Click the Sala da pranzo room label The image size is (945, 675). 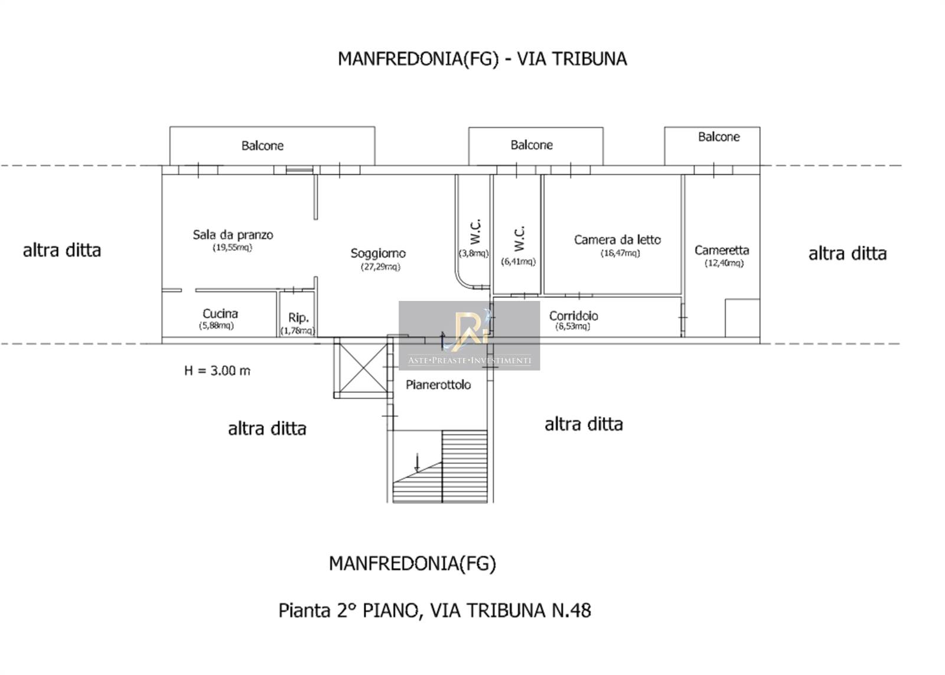tap(233, 235)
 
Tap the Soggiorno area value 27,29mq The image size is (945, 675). tap(380, 267)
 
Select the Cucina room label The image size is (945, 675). tap(220, 313)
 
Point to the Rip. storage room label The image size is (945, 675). tap(298, 317)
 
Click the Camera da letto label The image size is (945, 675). tap(617, 240)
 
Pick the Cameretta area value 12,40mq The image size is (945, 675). tap(724, 263)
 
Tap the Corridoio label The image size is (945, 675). tap(573, 316)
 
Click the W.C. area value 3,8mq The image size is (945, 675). tap(473, 254)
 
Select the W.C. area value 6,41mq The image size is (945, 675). tap(518, 261)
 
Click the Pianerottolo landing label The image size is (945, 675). tap(438, 385)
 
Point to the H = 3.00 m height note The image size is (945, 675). tap(217, 371)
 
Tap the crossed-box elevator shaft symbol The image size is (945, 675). tap(363, 368)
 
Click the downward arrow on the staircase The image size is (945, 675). tap(417, 462)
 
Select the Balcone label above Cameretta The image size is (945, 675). tap(718, 137)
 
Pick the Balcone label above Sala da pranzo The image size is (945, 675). tap(262, 146)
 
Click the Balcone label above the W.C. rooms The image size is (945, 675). tap(531, 145)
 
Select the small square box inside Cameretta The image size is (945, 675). tap(742, 318)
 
